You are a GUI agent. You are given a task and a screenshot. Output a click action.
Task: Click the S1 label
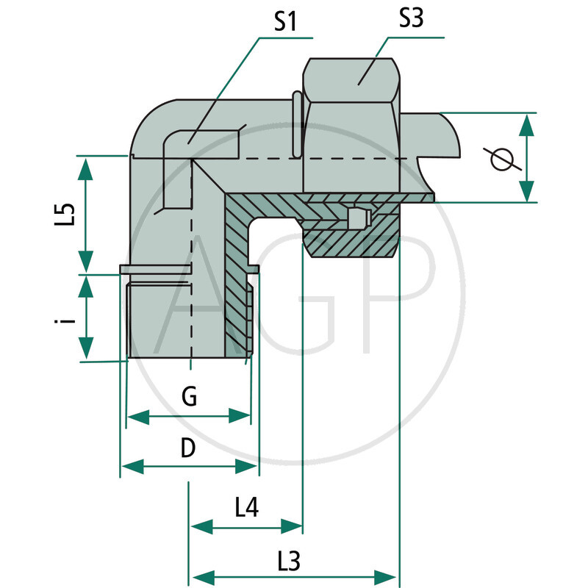coord(285,22)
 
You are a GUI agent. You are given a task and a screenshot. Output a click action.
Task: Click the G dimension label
coord(189,398)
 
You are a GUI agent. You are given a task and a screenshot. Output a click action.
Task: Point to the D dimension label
coord(188,448)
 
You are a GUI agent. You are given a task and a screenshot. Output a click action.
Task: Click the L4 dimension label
coord(247,506)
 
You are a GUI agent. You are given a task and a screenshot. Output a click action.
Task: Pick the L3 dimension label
coord(290,562)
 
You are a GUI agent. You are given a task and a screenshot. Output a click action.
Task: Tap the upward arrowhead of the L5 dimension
coord(85,168)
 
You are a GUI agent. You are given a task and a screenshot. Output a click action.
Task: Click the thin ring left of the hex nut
coord(295,124)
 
